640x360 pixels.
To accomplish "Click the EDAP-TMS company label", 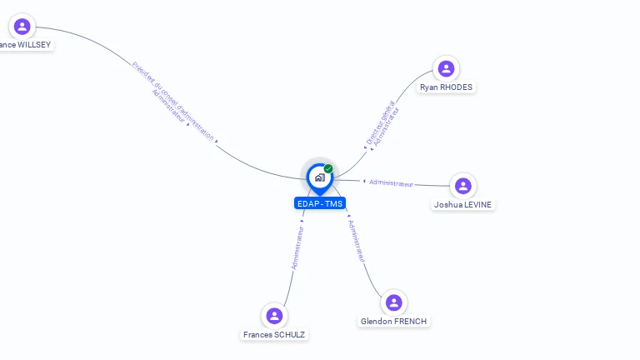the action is click(x=320, y=203).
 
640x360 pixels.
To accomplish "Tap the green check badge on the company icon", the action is click(x=328, y=169).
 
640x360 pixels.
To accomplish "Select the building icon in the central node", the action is click(x=319, y=177).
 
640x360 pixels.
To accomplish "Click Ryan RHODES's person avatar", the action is click(x=446, y=68).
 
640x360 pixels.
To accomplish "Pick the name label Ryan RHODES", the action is click(x=446, y=87).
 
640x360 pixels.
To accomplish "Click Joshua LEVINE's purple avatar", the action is click(x=463, y=186).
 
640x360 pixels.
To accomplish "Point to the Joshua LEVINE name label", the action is click(x=463, y=204).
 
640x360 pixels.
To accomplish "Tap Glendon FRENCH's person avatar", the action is click(x=393, y=302).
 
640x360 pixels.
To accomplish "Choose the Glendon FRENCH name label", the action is click(x=395, y=321).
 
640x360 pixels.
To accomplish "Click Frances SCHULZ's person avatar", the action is click(x=274, y=316).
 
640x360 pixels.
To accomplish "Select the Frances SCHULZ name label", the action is click(x=274, y=334).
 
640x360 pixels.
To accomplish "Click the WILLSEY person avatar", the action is click(x=22, y=26).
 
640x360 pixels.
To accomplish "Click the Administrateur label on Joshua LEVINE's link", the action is click(x=391, y=182).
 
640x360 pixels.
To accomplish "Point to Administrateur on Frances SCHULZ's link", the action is click(x=297, y=247).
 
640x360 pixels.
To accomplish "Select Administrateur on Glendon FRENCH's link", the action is click(x=357, y=242).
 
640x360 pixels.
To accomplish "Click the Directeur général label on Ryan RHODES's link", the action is click(x=380, y=122).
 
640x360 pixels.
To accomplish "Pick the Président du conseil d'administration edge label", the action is click(x=173, y=98).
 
